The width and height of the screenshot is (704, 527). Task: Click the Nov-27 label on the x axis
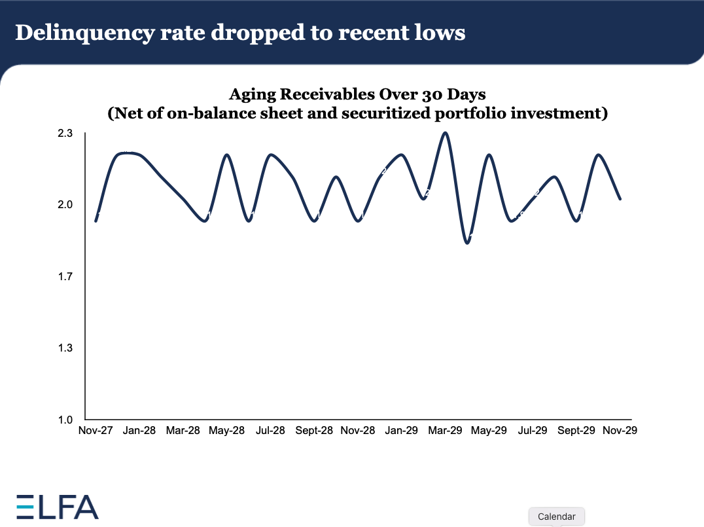(x=95, y=431)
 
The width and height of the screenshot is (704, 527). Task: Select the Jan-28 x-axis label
(x=139, y=431)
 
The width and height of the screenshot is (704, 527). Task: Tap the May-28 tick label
(x=226, y=431)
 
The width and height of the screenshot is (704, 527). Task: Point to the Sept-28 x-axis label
(x=314, y=431)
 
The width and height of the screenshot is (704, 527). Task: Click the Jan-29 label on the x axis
(x=401, y=431)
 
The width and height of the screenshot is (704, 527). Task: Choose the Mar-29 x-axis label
(x=445, y=431)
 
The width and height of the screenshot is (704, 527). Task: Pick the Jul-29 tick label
(x=533, y=431)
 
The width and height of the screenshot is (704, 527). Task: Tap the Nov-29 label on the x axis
(x=620, y=431)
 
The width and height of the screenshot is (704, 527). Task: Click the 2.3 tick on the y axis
(x=66, y=134)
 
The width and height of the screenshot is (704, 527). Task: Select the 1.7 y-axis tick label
(x=66, y=277)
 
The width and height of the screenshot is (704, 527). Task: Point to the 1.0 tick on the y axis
(x=66, y=420)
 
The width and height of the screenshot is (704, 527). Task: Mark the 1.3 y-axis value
(x=66, y=348)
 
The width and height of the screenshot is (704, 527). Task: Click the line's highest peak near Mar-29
(x=445, y=133)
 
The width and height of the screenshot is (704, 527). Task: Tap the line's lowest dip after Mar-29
(x=467, y=243)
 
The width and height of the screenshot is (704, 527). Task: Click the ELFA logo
(x=58, y=507)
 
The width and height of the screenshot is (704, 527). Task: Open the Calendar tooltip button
(x=556, y=517)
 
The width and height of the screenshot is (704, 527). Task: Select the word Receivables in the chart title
(x=330, y=94)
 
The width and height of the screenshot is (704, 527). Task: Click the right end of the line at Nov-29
(x=620, y=198)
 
